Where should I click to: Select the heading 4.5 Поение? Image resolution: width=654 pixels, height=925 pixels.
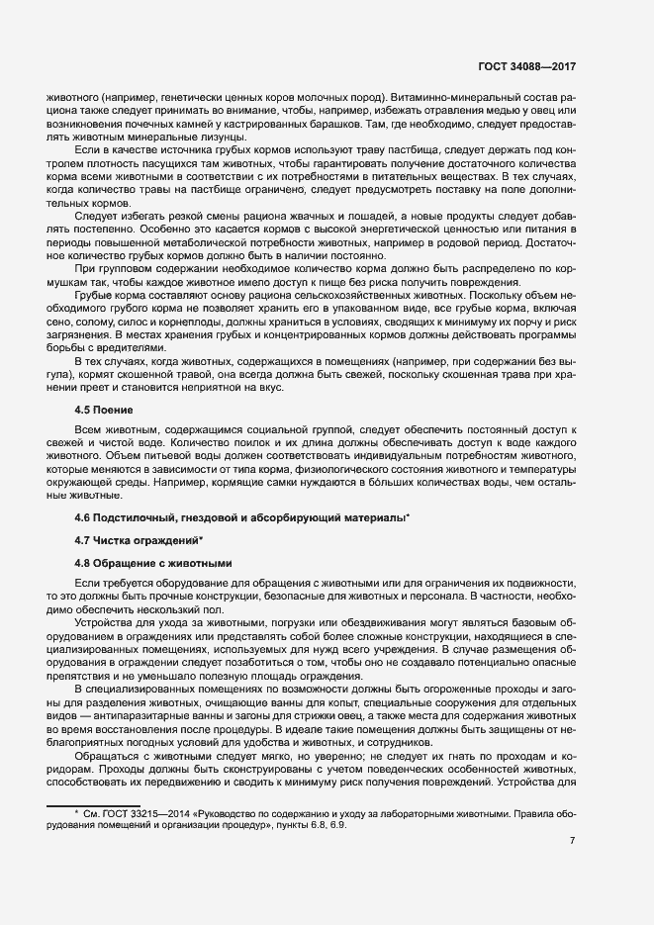pyautogui.click(x=104, y=410)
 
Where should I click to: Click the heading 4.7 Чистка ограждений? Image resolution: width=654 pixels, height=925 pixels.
pyautogui.click(x=139, y=539)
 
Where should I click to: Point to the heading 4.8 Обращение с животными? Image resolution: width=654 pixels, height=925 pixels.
pyautogui.click(x=153, y=562)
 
